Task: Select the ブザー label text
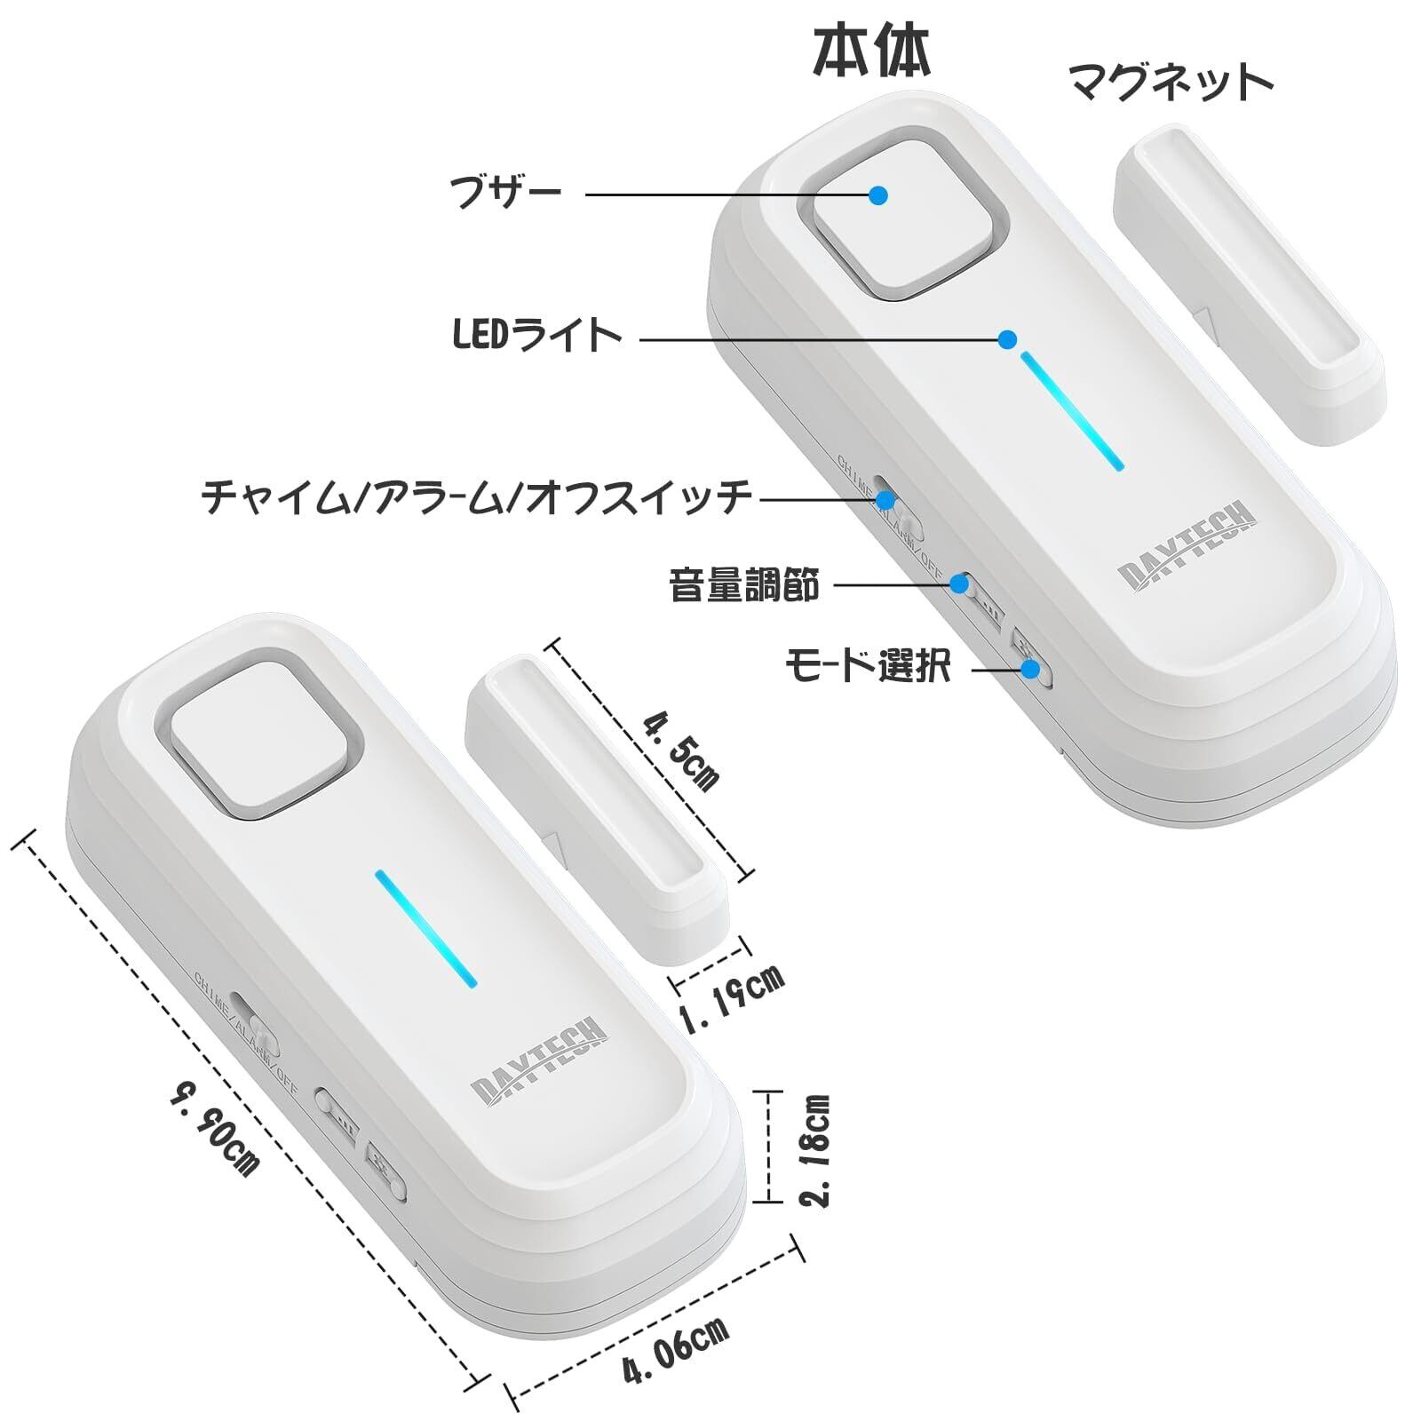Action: click(x=505, y=191)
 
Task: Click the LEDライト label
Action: click(x=537, y=336)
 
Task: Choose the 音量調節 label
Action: click(x=744, y=585)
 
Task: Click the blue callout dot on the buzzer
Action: click(x=878, y=195)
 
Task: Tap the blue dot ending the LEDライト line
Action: click(x=1006, y=338)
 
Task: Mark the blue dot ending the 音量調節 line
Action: click(x=959, y=583)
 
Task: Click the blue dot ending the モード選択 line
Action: click(x=1030, y=669)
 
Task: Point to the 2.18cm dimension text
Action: click(x=816, y=1150)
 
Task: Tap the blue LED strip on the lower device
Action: click(x=426, y=928)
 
